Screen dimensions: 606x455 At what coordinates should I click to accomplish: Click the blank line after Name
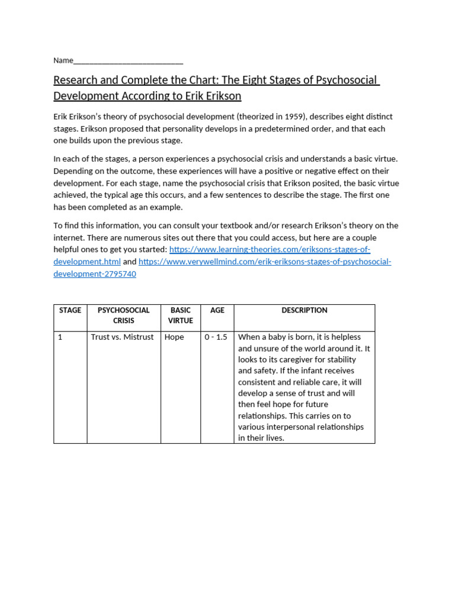[128, 61]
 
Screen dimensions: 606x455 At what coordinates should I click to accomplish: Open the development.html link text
[87, 262]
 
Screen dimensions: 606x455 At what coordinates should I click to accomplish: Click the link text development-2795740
[95, 274]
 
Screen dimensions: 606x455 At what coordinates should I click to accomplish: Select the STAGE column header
[70, 310]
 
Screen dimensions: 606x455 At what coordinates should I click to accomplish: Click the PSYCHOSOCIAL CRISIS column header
[124, 315]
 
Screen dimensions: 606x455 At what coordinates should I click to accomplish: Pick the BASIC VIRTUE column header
[181, 315]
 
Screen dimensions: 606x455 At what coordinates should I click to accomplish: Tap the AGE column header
[217, 310]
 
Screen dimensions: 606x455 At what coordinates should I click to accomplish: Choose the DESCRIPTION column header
[305, 310]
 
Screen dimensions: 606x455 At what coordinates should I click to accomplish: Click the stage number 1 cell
[60, 337]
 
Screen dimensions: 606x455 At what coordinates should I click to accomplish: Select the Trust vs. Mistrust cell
[122, 337]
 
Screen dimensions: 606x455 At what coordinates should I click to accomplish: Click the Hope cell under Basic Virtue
[174, 337]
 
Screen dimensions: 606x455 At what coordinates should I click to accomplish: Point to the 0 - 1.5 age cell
[216, 337]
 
